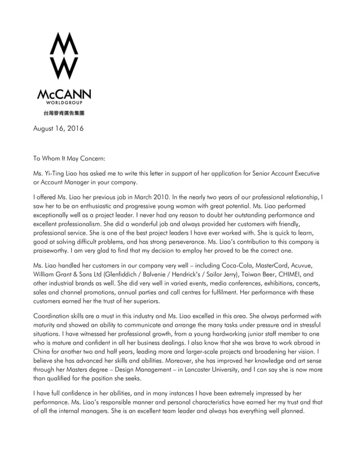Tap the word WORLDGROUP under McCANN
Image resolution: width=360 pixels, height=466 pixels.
click(x=64, y=103)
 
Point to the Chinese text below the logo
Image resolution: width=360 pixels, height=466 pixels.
click(x=64, y=113)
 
